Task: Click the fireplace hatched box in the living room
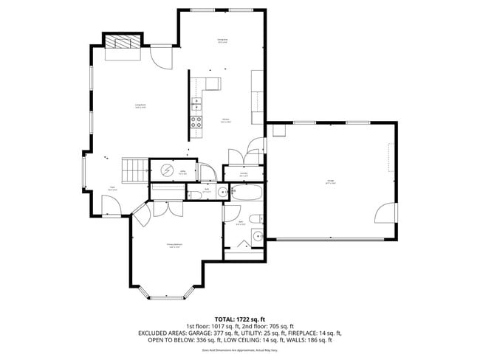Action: (x=122, y=42)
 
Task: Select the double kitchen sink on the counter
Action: (x=198, y=103)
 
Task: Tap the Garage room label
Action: (x=330, y=181)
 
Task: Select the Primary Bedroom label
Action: (x=174, y=247)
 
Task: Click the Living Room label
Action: (x=140, y=106)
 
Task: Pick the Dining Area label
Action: (x=222, y=41)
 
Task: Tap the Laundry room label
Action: (x=244, y=175)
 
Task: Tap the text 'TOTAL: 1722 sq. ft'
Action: (x=239, y=318)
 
